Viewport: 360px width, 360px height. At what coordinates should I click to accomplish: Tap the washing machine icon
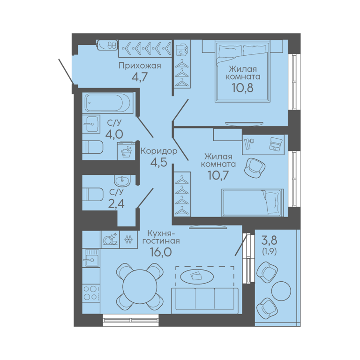click(126, 151)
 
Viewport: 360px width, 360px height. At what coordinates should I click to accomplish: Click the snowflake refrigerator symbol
click(128, 240)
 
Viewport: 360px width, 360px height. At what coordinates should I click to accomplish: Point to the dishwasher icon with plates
click(110, 240)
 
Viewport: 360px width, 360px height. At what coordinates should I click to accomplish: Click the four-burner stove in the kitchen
click(91, 292)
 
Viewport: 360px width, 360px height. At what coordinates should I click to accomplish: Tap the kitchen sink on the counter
click(91, 258)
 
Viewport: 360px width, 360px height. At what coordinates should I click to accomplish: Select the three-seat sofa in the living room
click(205, 300)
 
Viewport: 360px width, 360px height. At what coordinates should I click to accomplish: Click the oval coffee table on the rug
click(197, 276)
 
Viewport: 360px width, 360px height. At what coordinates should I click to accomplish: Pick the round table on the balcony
click(281, 291)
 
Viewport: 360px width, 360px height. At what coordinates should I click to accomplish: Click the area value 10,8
click(243, 88)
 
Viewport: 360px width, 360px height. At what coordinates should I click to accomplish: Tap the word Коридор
click(159, 151)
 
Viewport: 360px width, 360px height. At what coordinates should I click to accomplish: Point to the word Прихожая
click(140, 66)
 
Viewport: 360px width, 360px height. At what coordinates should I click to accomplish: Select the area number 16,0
click(161, 252)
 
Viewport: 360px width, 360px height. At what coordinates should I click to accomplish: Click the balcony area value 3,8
click(270, 240)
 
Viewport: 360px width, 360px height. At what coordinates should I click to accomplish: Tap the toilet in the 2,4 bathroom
click(93, 194)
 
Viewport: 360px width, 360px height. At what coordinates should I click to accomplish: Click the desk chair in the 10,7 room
click(255, 167)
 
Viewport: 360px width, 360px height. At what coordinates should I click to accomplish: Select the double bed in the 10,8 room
click(242, 71)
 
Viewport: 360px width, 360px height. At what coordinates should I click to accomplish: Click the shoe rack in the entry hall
click(107, 45)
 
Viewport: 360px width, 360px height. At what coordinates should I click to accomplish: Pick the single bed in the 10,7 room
click(253, 202)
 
